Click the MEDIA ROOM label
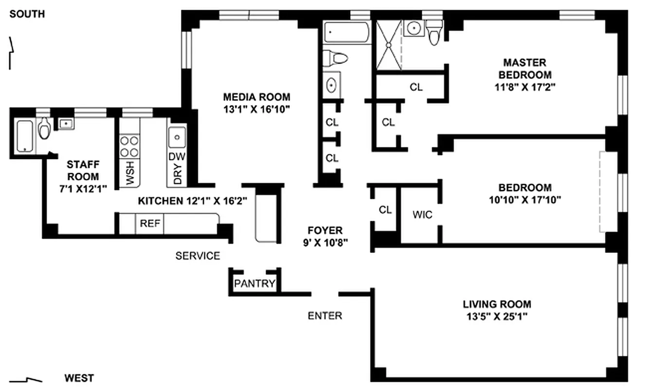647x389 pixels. [256, 97]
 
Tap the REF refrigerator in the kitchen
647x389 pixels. [150, 223]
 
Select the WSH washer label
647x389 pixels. [130, 173]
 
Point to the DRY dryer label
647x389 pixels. [178, 174]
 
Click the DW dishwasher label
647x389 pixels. [177, 157]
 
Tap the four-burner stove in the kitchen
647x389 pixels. [129, 146]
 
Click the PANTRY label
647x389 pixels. [254, 283]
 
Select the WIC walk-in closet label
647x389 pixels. [423, 214]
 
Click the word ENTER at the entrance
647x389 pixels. [325, 316]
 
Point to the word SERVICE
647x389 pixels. [198, 256]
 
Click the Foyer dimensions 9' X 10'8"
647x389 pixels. [325, 243]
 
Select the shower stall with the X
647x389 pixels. [389, 45]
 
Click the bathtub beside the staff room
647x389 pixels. [24, 136]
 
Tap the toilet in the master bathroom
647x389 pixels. [434, 33]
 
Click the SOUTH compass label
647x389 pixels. [27, 14]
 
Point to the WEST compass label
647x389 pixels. [79, 378]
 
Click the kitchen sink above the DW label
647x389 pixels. [177, 137]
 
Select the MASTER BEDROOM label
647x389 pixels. [525, 69]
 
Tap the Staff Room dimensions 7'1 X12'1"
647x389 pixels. [83, 189]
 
